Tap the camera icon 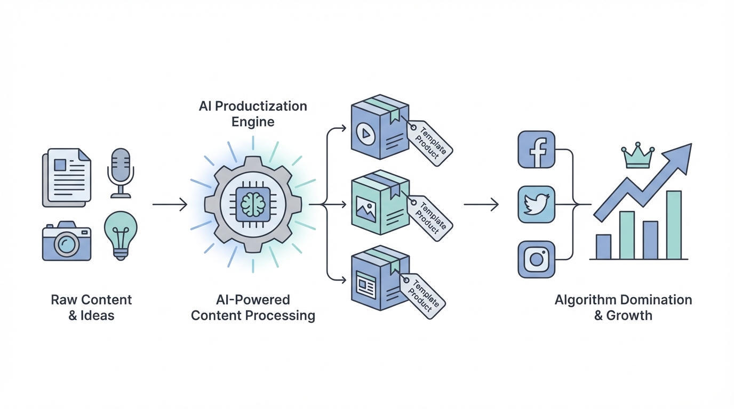66,243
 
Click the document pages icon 67,178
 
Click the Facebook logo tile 537,149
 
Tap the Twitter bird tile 537,204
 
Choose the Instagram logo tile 537,259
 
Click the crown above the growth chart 638,157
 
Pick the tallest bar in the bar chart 674,225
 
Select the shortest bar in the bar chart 603,247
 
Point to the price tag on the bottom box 425,296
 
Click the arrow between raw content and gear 169,204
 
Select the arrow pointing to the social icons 481,204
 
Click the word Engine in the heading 253,122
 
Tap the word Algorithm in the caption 585,300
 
